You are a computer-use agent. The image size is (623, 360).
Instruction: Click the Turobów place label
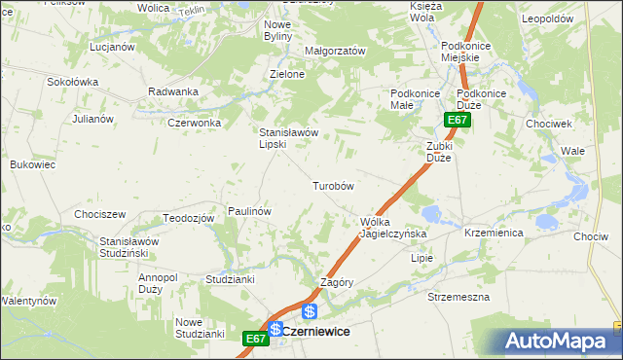coord(332,185)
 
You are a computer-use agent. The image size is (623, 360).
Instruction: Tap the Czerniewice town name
coord(316,331)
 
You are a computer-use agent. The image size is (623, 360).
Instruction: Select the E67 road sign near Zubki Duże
coord(458,120)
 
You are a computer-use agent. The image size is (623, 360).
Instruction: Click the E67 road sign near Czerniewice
coord(255,338)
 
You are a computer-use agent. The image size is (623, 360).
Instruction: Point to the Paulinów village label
coord(248,210)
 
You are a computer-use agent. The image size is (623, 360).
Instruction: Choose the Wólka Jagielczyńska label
coord(387,228)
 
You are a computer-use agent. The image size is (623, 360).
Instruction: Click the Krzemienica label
coord(495,234)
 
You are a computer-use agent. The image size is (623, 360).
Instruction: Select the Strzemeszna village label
coord(458,296)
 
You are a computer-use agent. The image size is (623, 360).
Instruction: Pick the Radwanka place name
coord(173,91)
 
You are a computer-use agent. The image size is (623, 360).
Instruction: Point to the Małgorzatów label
coord(334,51)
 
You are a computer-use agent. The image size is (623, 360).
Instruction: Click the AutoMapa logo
coord(563,341)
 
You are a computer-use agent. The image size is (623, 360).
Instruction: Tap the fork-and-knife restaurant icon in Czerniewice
coord(276,329)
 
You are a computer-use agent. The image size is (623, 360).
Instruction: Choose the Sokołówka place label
coord(73,82)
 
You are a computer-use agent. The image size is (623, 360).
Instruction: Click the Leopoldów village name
coord(571,19)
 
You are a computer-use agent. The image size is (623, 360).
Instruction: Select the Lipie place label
coord(421,258)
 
